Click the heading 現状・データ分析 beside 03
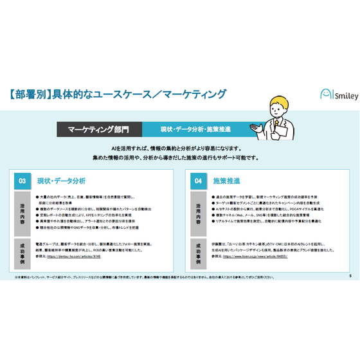click(61, 181)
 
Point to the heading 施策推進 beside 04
click(225, 181)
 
